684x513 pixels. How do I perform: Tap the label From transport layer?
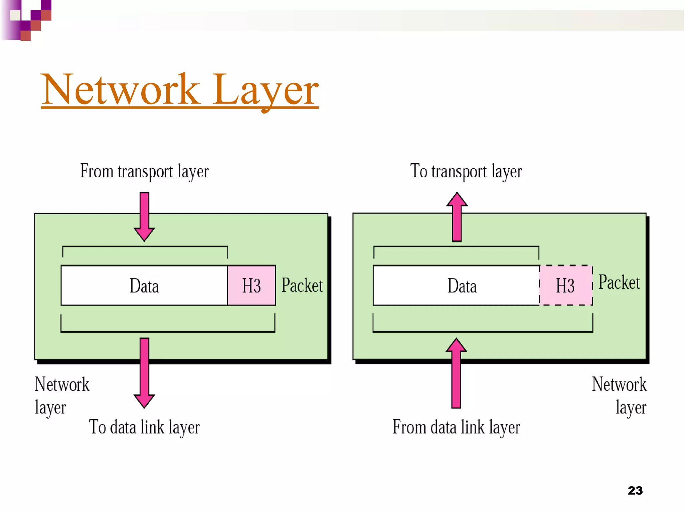(x=144, y=171)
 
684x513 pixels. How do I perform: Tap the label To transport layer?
(x=466, y=171)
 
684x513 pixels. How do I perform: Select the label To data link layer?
(x=144, y=427)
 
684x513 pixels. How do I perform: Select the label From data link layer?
(x=456, y=427)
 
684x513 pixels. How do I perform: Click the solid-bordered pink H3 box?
(x=251, y=286)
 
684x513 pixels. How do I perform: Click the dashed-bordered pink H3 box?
(x=565, y=286)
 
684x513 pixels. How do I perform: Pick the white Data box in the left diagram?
(x=144, y=286)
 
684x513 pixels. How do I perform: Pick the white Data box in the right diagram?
(x=456, y=286)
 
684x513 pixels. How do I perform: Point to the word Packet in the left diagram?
(x=302, y=286)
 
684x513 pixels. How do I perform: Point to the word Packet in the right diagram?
(x=619, y=283)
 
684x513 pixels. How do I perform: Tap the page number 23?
(x=635, y=491)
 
